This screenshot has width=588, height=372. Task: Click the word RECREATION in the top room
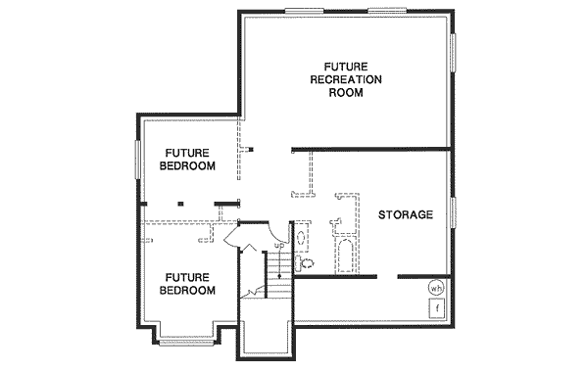(347, 78)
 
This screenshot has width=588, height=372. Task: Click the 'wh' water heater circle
(436, 288)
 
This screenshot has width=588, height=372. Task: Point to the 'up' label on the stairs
(279, 245)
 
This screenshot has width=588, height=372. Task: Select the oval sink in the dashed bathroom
(301, 238)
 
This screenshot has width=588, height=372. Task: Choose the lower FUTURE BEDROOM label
(189, 284)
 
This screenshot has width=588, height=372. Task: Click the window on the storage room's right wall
(453, 212)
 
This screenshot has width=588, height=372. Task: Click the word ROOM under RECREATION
(347, 94)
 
